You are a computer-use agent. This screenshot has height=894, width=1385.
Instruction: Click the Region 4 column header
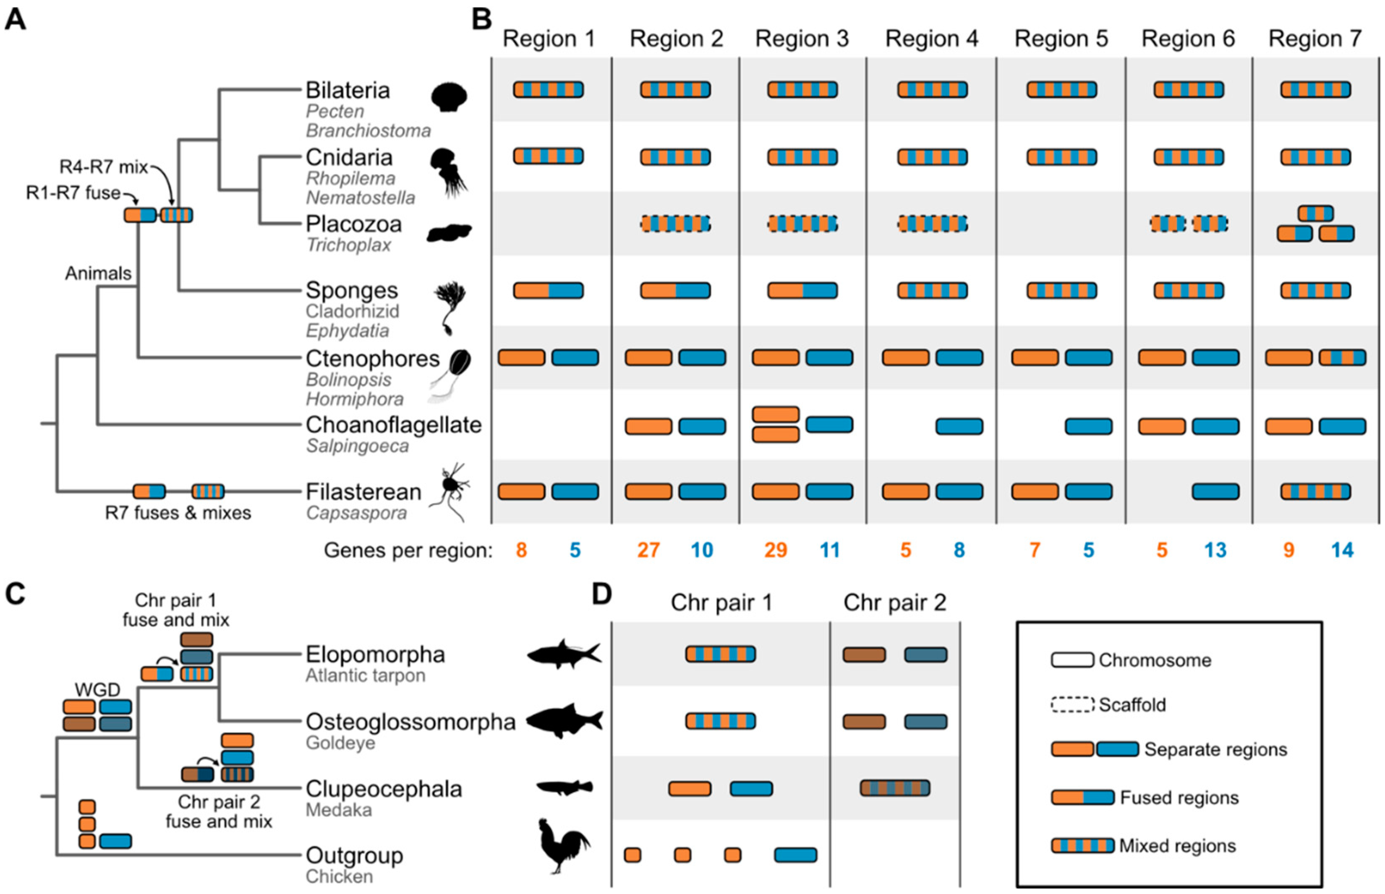coord(931,39)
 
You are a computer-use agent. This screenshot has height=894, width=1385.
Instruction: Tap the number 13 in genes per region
coord(1215,549)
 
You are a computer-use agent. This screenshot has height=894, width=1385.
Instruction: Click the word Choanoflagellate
coord(393,425)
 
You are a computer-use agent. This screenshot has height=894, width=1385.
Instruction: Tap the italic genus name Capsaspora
coord(356,513)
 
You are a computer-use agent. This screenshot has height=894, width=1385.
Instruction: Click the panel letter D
coord(601,594)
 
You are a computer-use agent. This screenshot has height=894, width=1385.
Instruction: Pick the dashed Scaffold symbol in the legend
coord(1072,705)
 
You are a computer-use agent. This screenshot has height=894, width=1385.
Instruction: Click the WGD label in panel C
coord(97,690)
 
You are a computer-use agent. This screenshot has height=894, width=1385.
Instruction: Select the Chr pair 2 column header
coord(894,602)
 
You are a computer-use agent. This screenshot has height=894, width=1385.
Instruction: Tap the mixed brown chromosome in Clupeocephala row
coord(894,788)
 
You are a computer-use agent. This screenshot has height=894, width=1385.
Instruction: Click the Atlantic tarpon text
coord(365,676)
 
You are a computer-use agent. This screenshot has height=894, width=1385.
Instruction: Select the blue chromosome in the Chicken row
coord(795,855)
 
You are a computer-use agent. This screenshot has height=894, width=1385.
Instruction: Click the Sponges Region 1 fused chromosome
coord(548,290)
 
